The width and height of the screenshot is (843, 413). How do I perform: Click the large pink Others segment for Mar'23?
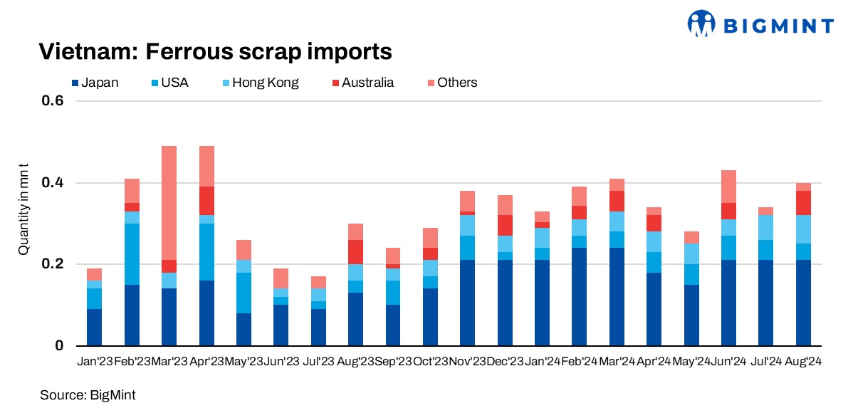(x=169, y=203)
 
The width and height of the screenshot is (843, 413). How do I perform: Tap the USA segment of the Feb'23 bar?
(x=132, y=254)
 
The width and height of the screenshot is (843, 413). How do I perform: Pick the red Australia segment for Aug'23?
(x=355, y=252)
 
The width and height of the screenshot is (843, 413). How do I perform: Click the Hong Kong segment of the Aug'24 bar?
(x=803, y=229)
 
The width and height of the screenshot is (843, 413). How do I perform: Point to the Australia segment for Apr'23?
(x=206, y=201)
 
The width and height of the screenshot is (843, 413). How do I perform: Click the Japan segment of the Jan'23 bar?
(x=94, y=328)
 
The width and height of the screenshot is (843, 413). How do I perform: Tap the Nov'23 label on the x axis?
(x=467, y=362)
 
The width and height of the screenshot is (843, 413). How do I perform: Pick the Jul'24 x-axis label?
(x=765, y=362)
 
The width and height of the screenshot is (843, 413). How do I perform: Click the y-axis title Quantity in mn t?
(x=23, y=209)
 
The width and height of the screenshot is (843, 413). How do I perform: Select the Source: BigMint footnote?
(x=87, y=394)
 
